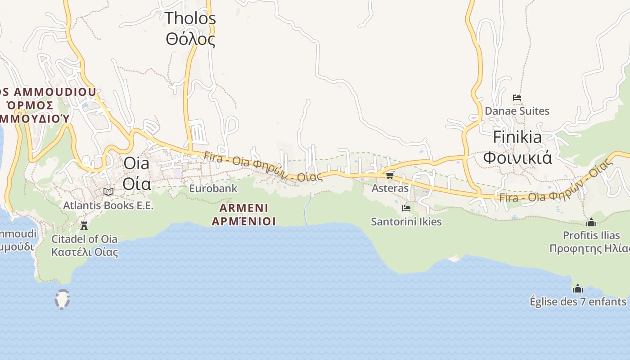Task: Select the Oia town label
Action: pos(136,173)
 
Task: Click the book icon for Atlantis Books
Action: pos(108,192)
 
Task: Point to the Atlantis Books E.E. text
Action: pos(108,206)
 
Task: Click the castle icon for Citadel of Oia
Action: pos(84,225)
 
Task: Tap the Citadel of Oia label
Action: pos(84,245)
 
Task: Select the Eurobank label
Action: pos(213,189)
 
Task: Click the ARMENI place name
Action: pos(243,214)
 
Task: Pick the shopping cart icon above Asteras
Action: pos(390,175)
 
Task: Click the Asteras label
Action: pos(390,188)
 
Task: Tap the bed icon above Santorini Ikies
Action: pos(406,208)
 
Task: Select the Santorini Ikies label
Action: pos(406,222)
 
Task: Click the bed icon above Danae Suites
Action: pos(517,98)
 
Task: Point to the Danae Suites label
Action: pos(517,111)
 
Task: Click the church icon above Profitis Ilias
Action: pos(591,222)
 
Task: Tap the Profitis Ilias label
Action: pos(591,242)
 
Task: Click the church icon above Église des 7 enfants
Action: pos(578,288)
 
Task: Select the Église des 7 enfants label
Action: pos(578,301)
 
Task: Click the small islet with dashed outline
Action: pos(62,299)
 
